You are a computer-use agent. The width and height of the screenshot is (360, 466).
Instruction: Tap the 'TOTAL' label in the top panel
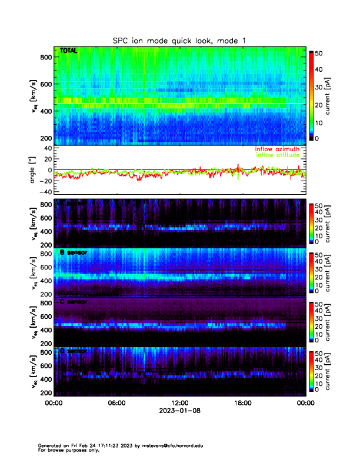click(x=69, y=52)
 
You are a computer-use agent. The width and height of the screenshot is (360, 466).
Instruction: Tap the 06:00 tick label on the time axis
click(x=116, y=403)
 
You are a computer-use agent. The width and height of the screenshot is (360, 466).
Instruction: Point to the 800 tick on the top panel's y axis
click(x=45, y=57)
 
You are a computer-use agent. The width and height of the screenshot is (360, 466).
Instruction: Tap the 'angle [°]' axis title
click(x=34, y=170)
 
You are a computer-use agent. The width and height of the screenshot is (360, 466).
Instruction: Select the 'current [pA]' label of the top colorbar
click(x=335, y=95)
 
